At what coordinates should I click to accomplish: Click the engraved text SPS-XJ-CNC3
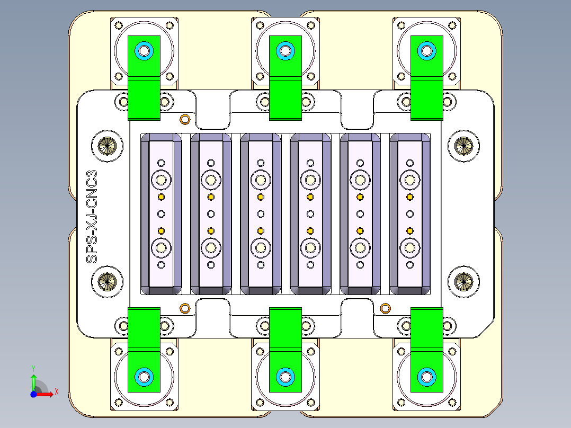coord(92,217)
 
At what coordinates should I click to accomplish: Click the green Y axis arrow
coord(33,380)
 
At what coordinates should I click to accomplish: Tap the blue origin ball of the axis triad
coord(33,394)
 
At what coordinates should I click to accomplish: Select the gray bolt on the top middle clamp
coord(285,51)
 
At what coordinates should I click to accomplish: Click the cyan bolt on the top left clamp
coord(144,51)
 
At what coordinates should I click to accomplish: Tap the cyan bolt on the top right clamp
coord(426,51)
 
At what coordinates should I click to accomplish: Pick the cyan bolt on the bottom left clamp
coord(144,377)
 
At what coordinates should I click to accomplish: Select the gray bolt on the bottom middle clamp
coord(285,377)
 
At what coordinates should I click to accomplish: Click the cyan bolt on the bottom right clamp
coord(426,377)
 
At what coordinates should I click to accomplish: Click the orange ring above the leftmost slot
coord(185,119)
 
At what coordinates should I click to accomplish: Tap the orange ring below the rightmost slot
coord(385,308)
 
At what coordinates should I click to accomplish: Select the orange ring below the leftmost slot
coord(185,308)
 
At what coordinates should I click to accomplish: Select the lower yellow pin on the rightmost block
coord(409,230)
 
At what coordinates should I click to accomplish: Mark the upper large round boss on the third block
coord(261,180)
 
